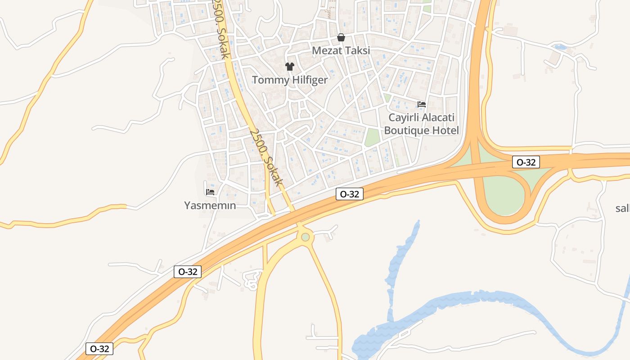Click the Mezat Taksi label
(341, 50)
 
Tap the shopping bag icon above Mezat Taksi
(341, 37)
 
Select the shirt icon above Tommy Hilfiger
(289, 67)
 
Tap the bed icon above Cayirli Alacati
(422, 104)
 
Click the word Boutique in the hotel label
(406, 130)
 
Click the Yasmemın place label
(210, 206)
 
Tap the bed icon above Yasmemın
(210, 192)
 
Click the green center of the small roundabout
(306, 237)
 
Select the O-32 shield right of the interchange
(526, 162)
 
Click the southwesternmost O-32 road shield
(99, 349)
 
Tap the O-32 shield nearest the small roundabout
(350, 194)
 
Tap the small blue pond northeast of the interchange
(561, 47)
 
